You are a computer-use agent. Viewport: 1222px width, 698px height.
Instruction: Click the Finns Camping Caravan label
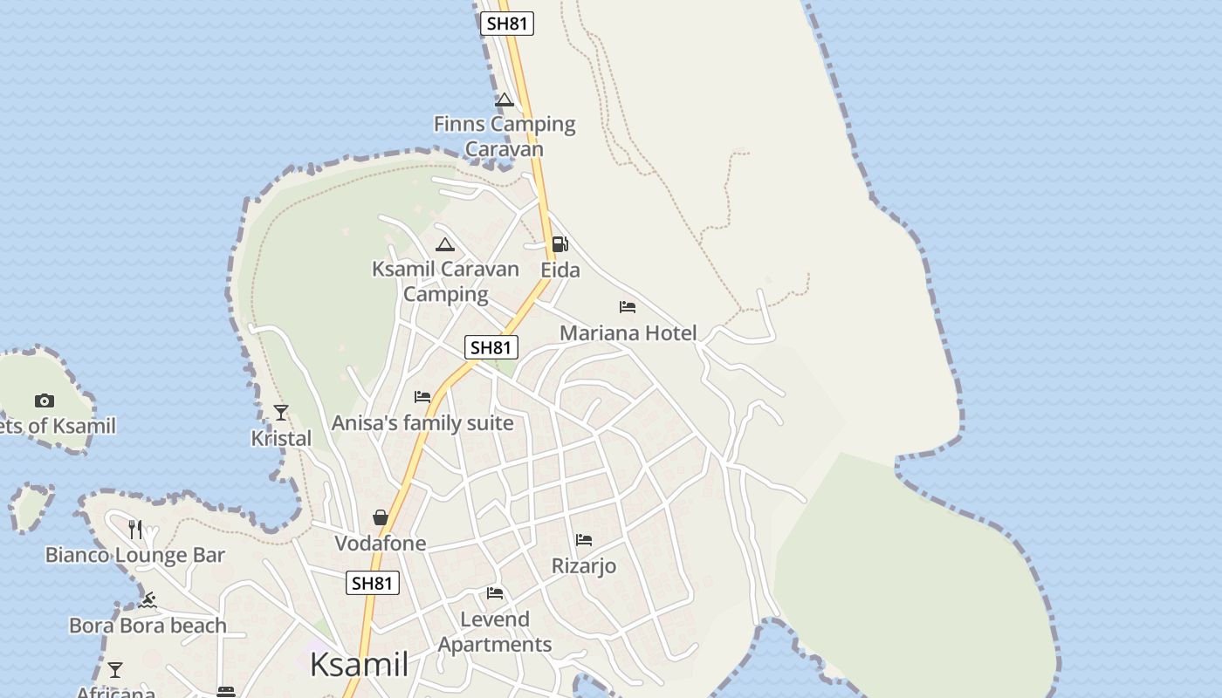tap(505, 136)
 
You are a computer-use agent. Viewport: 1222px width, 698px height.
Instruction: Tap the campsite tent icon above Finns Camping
tap(505, 100)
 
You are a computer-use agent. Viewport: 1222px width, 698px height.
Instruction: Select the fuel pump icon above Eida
tap(560, 244)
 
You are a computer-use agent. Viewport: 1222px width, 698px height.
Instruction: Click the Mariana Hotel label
tap(628, 332)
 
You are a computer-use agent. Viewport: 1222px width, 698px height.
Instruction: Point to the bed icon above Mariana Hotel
tap(628, 307)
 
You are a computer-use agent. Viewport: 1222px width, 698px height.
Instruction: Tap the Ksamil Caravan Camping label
tap(445, 281)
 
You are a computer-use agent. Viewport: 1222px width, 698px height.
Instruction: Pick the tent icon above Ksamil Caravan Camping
tap(445, 245)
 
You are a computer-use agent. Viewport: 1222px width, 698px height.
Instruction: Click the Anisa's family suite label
tap(422, 423)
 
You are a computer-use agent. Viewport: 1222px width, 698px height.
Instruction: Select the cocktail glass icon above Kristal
tap(281, 412)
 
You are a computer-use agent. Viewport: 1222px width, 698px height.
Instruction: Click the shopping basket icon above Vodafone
tap(381, 517)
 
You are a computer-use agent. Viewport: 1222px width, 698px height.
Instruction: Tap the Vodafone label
tap(381, 544)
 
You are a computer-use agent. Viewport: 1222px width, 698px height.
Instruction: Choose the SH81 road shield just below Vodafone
tap(373, 583)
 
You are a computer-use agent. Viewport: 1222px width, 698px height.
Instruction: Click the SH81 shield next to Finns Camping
tap(507, 24)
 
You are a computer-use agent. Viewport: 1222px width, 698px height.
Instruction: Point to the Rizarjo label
tap(584, 566)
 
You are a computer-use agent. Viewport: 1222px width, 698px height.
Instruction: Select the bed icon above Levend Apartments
tap(495, 593)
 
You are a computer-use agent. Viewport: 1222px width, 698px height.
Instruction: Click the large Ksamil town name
tap(359, 665)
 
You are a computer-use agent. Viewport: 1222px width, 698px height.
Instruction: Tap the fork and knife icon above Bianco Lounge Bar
tap(135, 530)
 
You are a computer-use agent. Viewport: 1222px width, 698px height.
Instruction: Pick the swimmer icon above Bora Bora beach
tap(148, 600)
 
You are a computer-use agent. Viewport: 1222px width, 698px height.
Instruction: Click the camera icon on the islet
tap(45, 401)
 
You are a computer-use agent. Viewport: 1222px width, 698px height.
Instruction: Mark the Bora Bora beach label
tap(148, 626)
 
